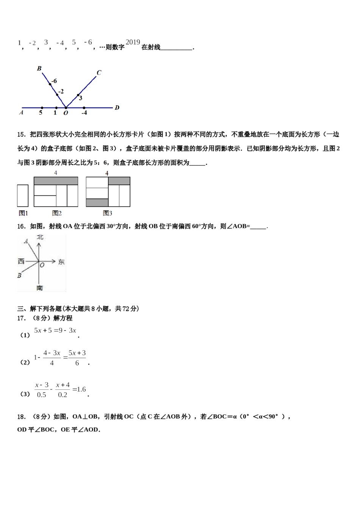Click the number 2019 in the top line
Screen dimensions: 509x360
(x=133, y=42)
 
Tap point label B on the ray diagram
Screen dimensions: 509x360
(x=39, y=69)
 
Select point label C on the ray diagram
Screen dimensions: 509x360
(x=99, y=72)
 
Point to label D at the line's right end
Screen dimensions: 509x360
(x=117, y=108)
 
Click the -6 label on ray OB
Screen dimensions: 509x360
(x=54, y=81)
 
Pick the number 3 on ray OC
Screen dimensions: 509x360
(x=81, y=98)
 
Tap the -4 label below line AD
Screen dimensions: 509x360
(x=84, y=113)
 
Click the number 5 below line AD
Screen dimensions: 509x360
(x=41, y=113)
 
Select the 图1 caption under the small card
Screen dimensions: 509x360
(x=23, y=213)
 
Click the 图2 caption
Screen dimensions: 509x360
(x=57, y=213)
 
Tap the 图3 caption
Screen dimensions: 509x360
(x=107, y=213)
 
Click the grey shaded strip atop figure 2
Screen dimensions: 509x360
(x=56, y=181)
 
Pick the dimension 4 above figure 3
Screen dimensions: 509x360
(x=107, y=173)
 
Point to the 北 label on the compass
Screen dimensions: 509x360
(x=40, y=237)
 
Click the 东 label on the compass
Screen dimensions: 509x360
(x=61, y=262)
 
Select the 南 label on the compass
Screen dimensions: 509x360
(x=40, y=288)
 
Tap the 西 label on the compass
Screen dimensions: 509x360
(x=21, y=261)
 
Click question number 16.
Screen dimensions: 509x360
(x=21, y=226)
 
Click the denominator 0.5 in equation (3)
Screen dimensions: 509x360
(x=41, y=395)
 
